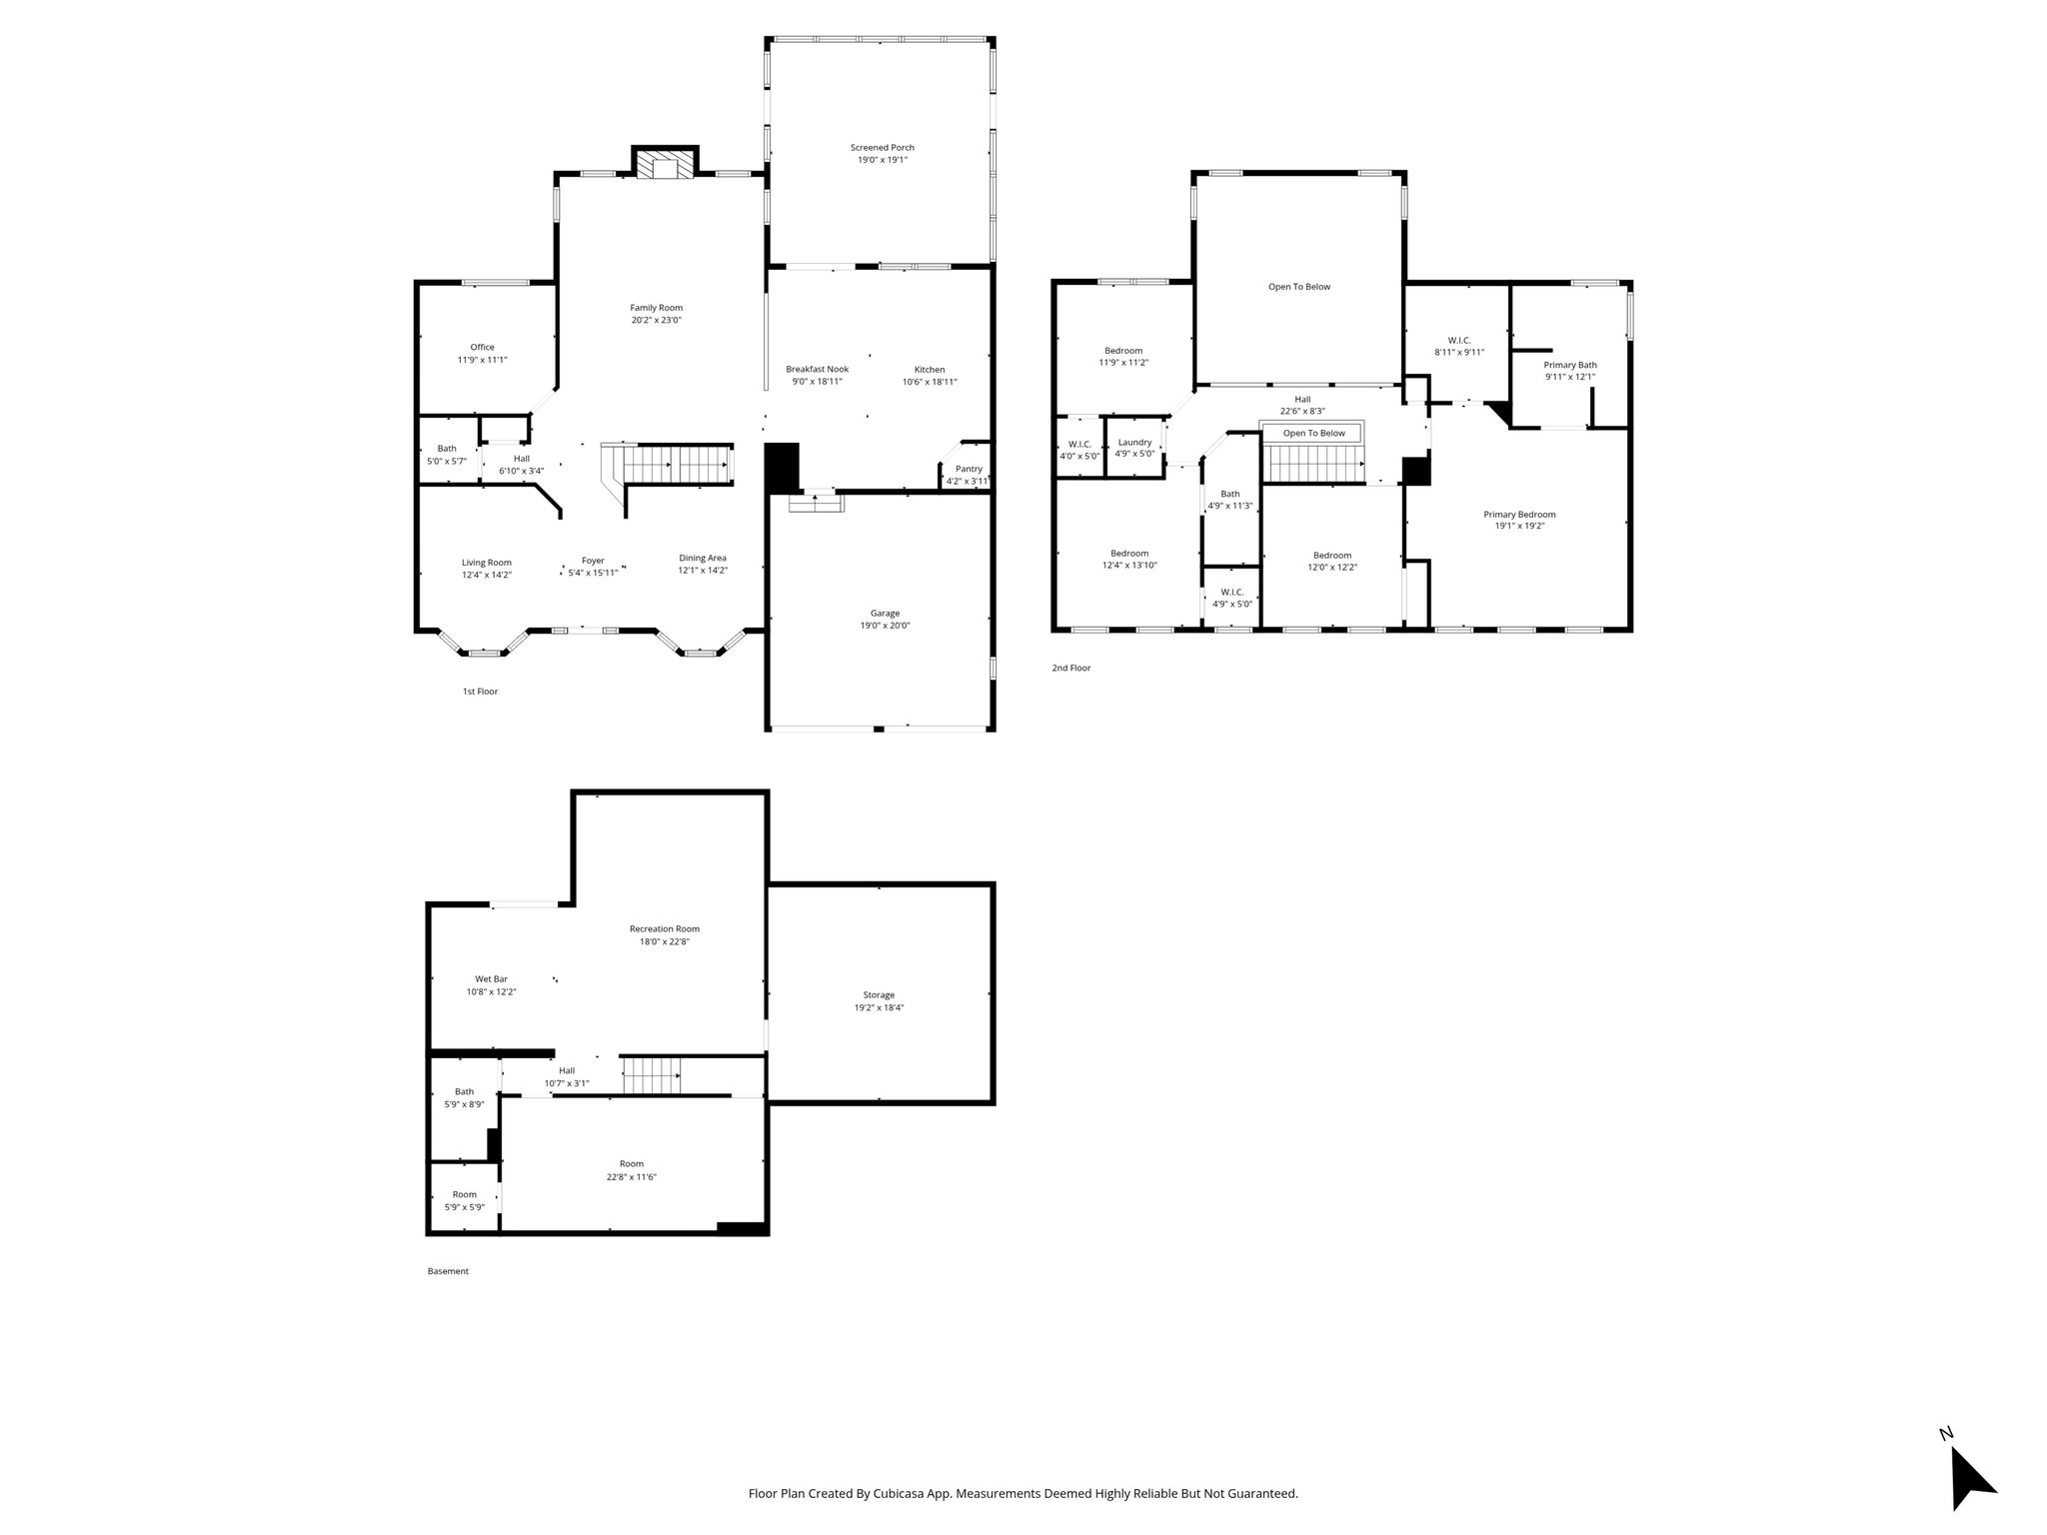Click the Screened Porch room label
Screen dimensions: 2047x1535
pos(883,148)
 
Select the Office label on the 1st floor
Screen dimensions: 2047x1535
pos(483,348)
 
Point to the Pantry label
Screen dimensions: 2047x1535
pos(969,469)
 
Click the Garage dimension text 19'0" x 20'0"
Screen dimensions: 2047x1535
pos(886,626)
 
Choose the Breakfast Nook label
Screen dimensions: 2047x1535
pos(817,370)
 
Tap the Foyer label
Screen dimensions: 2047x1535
pos(594,561)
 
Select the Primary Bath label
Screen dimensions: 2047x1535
pos(1570,365)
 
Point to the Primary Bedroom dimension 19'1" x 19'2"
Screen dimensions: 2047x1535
pos(1519,527)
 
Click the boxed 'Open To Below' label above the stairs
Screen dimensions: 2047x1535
pos(1314,433)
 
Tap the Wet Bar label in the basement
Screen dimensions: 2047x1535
pos(491,979)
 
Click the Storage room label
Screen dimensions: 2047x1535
pos(879,995)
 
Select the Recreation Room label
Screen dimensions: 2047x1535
pos(665,929)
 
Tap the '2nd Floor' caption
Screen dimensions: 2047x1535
pos(1071,668)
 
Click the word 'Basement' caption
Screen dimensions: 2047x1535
pos(448,1271)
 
